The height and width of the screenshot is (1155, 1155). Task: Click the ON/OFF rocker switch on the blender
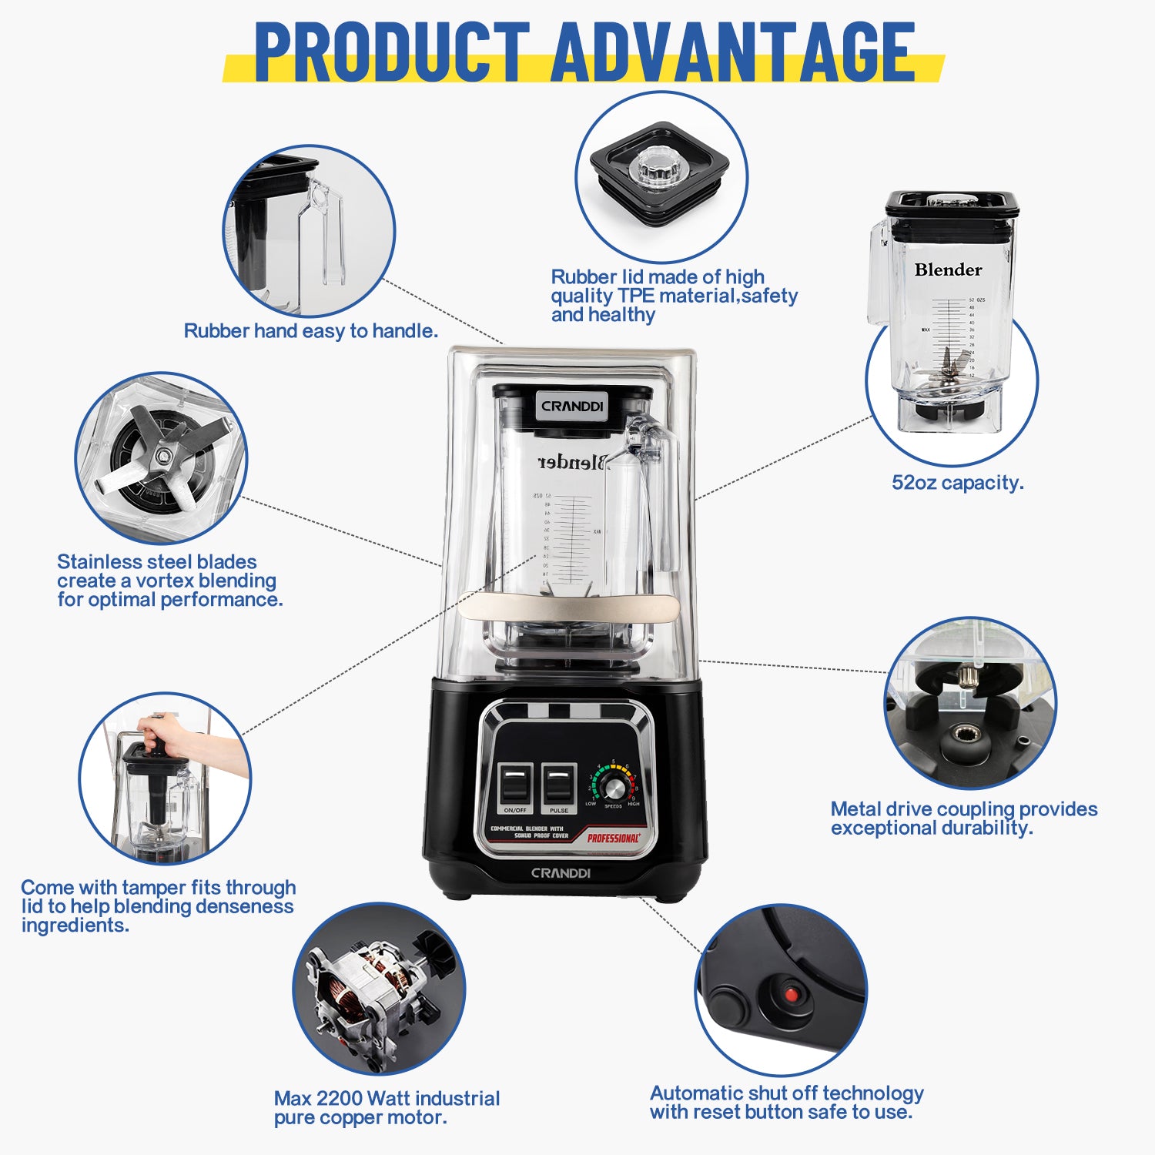pyautogui.click(x=515, y=785)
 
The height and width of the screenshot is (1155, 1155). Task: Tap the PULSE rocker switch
pyautogui.click(x=559, y=785)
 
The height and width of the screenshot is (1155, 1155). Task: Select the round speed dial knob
pyautogui.click(x=614, y=787)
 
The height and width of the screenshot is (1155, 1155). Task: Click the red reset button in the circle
pyautogui.click(x=790, y=994)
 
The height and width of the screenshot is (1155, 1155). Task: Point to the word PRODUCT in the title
pyautogui.click(x=391, y=52)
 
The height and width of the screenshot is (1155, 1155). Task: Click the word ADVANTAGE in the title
pyautogui.click(x=733, y=52)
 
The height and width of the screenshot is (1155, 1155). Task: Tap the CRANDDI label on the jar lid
pyautogui.click(x=572, y=406)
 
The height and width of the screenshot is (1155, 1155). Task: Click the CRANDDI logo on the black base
pyautogui.click(x=561, y=873)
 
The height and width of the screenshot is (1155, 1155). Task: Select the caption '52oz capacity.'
pyautogui.click(x=958, y=483)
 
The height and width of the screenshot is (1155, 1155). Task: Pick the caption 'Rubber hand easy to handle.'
pyautogui.click(x=311, y=331)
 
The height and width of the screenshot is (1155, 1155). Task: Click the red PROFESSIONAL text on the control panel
pyautogui.click(x=613, y=838)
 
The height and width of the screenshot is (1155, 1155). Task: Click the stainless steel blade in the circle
pyautogui.click(x=162, y=457)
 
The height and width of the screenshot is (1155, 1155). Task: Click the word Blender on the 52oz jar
pyautogui.click(x=948, y=270)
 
